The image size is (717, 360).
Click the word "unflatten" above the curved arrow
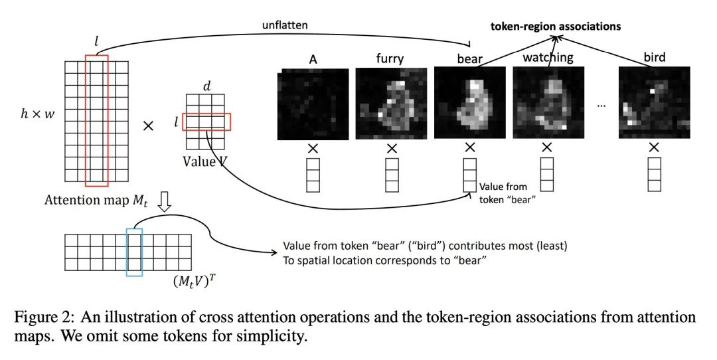[x=284, y=25]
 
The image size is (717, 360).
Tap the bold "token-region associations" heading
[x=556, y=26]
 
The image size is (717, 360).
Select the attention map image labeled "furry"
[x=391, y=103]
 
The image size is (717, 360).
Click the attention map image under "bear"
[x=469, y=102]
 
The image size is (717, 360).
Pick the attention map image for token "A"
[x=313, y=104]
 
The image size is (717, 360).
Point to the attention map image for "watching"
[x=548, y=102]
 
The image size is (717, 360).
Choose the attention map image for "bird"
[x=655, y=102]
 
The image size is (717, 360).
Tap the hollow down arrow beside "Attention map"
[x=164, y=201]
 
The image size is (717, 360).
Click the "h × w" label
[x=37, y=114]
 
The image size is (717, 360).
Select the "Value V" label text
[x=204, y=161]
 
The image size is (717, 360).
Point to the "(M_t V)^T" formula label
[x=194, y=280]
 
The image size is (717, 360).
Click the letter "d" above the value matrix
[x=206, y=86]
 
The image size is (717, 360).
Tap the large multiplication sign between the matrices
[x=148, y=126]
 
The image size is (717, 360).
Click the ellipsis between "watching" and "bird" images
[x=601, y=106]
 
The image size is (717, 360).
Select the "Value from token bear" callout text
[x=503, y=193]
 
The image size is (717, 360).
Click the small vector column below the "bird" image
[x=655, y=174]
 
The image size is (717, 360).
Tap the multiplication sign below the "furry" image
[x=392, y=148]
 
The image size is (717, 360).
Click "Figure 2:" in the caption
[x=41, y=317]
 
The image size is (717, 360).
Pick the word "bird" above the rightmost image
[x=655, y=57]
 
